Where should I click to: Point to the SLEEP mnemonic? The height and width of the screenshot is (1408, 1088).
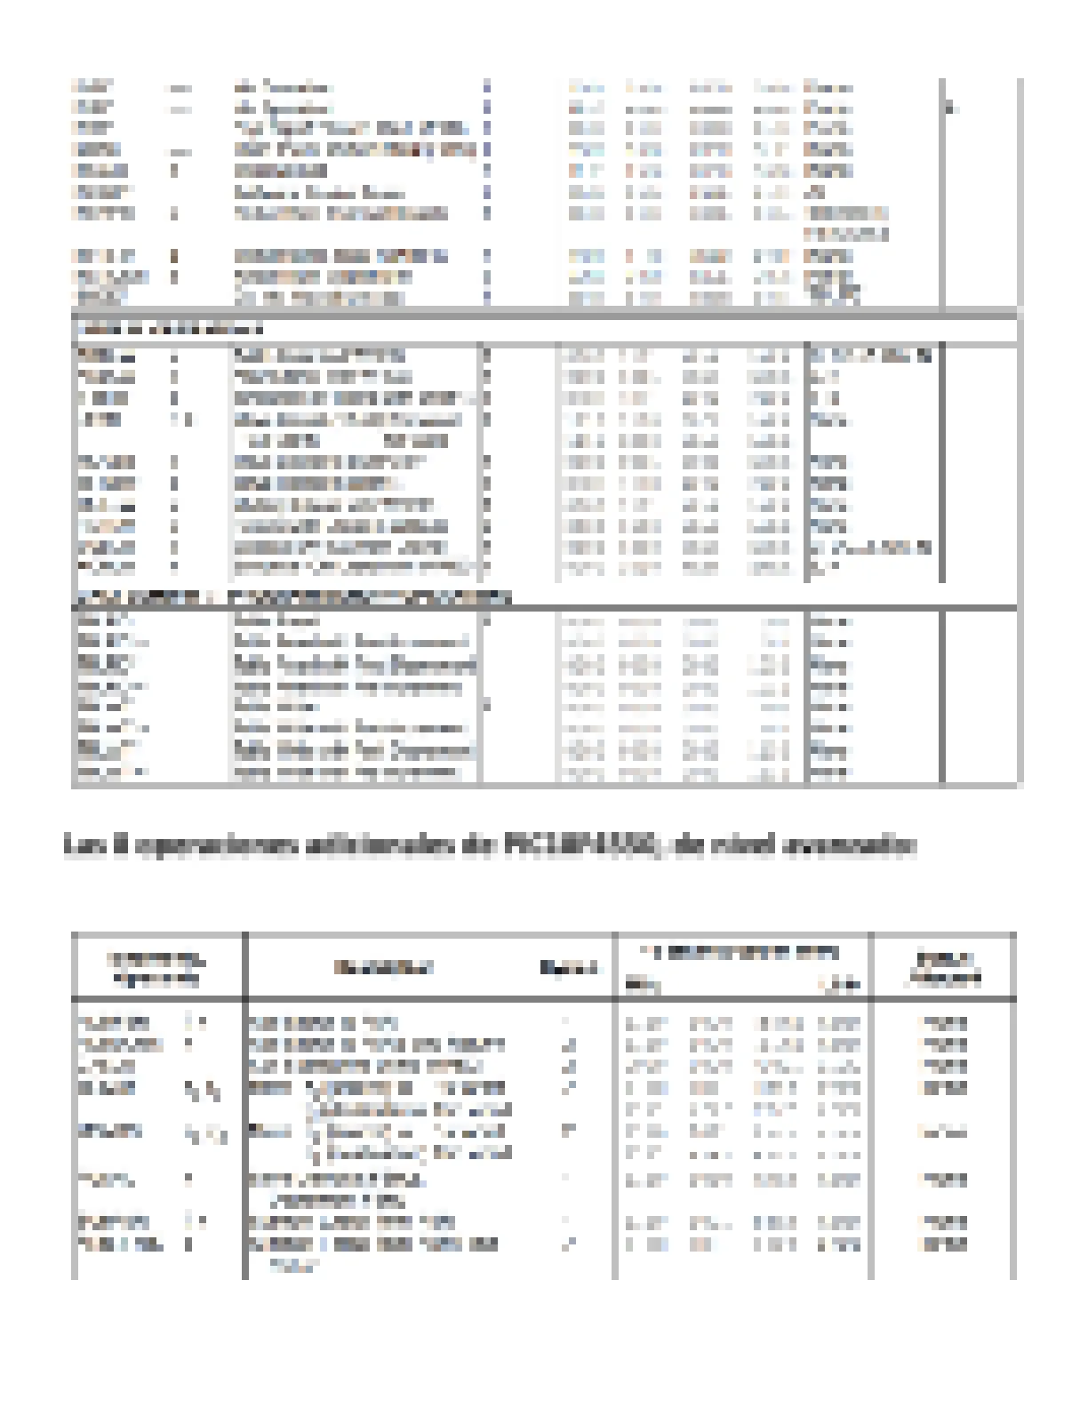96,298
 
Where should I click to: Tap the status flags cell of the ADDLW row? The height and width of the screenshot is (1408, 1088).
869,356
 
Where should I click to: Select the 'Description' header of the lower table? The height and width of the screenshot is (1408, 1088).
383,967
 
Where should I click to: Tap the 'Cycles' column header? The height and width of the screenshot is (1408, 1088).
568,967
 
